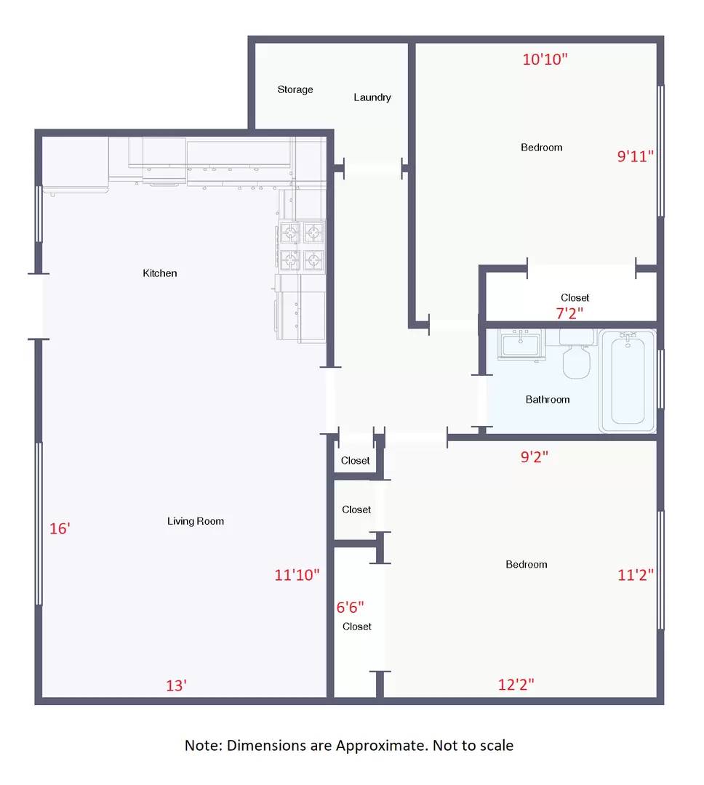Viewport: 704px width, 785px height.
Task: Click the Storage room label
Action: [x=295, y=89]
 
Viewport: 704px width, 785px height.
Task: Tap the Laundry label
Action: [x=372, y=97]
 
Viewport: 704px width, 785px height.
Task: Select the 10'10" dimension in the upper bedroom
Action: [x=545, y=60]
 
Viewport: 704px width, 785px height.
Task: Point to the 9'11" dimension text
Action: [x=636, y=155]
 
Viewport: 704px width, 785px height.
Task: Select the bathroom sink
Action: [x=521, y=344]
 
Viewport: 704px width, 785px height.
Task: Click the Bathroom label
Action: [x=548, y=399]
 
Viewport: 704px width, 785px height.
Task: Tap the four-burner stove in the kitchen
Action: [x=301, y=246]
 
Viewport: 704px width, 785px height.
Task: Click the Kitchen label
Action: [x=160, y=273]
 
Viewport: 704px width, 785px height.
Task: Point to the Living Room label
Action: [x=196, y=521]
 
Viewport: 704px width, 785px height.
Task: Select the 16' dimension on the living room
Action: [x=60, y=528]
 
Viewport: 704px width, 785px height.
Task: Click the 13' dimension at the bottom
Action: [x=177, y=685]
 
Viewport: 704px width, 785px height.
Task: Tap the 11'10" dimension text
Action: [x=297, y=575]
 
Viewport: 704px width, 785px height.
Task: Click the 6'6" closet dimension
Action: [x=350, y=606]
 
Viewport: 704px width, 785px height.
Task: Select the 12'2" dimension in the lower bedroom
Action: [x=516, y=684]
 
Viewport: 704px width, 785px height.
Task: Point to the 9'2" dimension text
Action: [x=534, y=457]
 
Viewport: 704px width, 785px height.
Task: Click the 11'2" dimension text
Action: [x=636, y=575]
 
